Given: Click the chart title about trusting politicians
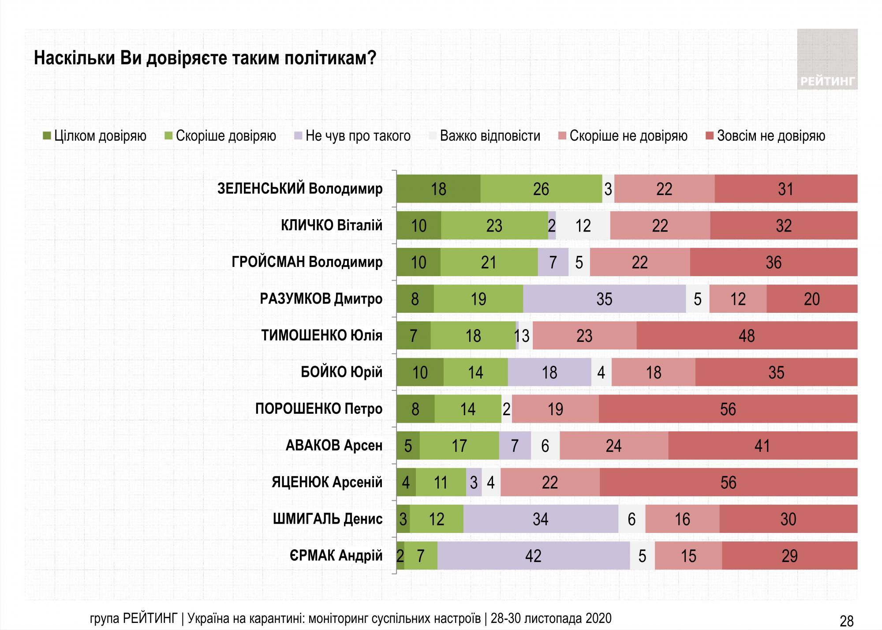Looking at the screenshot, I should pos(205,58).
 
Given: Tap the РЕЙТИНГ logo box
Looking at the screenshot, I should pos(827,60).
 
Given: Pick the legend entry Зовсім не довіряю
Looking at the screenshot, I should pos(765,136).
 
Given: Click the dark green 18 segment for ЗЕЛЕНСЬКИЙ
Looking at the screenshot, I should pos(438,189).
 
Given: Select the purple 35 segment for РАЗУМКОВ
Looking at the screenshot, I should pos(604,299).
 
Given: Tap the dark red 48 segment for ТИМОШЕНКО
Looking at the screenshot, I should pos(747,336).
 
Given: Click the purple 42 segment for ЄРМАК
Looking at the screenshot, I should pos(533,555).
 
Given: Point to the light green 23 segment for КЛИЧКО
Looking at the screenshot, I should pos(494,226).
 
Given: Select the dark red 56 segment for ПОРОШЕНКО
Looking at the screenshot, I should pos(728,409).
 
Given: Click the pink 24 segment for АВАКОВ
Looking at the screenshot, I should pos(613,446).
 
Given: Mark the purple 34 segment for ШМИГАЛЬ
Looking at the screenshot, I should pos(540,519).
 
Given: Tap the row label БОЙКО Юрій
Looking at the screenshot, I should pos(341,372).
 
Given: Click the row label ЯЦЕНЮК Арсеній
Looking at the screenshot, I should pos(327,482).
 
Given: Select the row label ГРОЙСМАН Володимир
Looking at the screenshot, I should pos(307,262).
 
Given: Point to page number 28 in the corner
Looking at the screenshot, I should pos(846,621).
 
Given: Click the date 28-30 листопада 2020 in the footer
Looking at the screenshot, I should pos(551,618).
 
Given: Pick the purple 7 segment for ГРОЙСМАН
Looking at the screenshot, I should pos(553,262).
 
